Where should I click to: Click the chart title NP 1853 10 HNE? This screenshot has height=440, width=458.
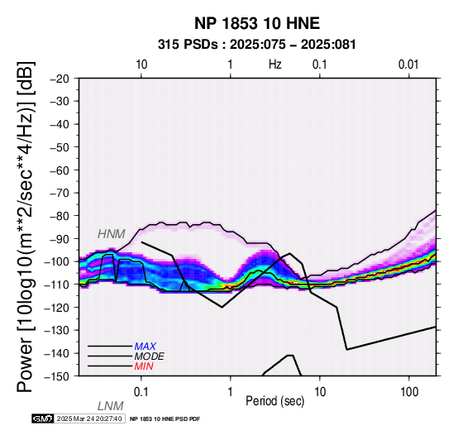[x=257, y=23]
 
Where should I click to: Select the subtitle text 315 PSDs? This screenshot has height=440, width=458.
[x=188, y=45]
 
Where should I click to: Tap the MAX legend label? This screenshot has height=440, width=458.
[x=146, y=347]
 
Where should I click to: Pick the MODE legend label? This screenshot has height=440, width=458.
[x=150, y=356]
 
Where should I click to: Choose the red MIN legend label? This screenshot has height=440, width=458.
[x=144, y=366]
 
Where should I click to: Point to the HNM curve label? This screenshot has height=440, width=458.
[x=112, y=234]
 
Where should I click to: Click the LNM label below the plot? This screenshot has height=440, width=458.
[x=111, y=406]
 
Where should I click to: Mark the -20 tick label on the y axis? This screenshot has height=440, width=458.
[x=60, y=79]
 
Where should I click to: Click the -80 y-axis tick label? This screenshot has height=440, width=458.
[x=60, y=216]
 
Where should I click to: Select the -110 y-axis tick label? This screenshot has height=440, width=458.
[x=57, y=285]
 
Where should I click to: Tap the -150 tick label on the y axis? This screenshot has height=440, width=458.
[x=57, y=376]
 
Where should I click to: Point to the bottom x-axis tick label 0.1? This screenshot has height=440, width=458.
[x=141, y=392]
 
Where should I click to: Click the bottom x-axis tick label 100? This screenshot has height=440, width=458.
[x=409, y=392]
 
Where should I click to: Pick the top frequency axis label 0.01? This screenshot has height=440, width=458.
[x=408, y=65]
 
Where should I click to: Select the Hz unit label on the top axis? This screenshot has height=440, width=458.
[x=275, y=65]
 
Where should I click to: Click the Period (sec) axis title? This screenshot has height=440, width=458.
[x=275, y=401]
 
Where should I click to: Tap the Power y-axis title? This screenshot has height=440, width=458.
[x=26, y=227]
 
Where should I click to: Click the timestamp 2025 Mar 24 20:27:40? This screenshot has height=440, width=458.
[x=89, y=418]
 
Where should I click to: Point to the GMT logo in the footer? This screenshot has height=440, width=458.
[x=43, y=418]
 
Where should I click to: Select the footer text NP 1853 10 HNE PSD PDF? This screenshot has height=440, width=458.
[x=165, y=419]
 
